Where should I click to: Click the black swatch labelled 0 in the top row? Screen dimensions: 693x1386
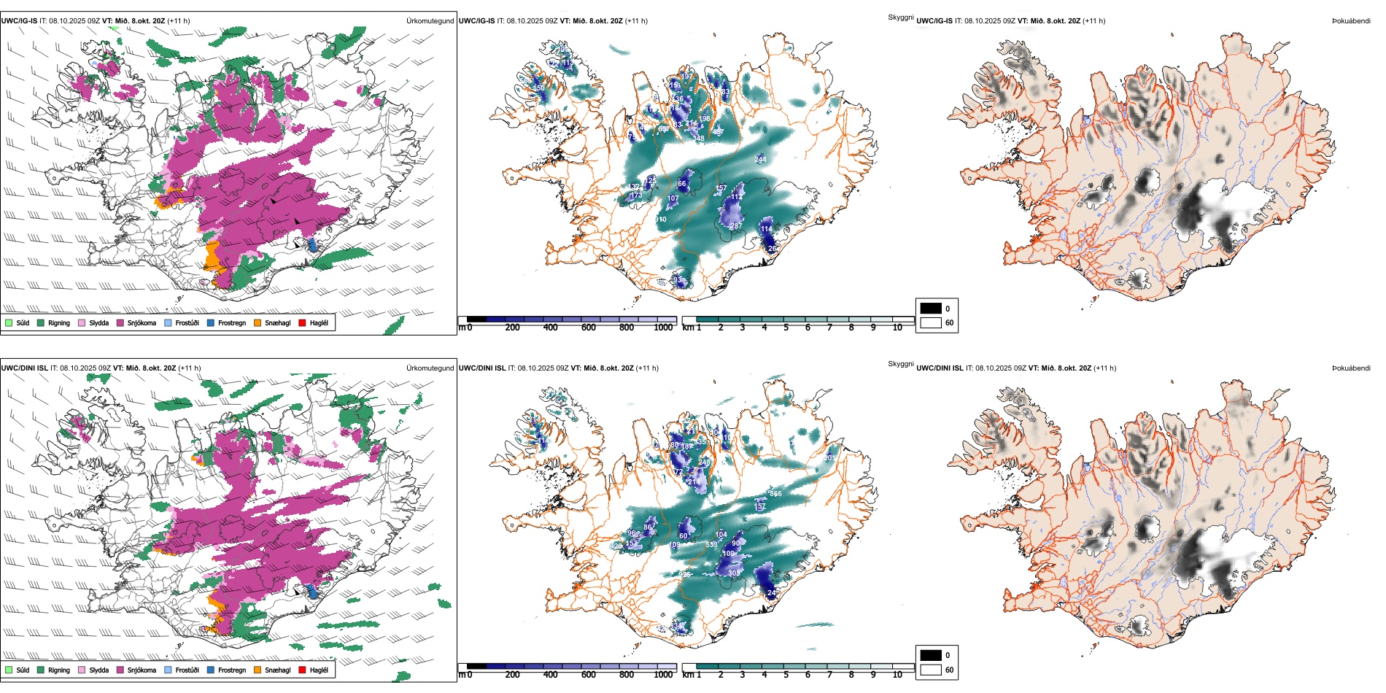(931, 309)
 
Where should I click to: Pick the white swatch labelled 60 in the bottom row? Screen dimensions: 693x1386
(931, 670)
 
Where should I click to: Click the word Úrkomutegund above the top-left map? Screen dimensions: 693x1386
(430, 21)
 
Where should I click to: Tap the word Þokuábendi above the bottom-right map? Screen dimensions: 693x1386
(1351, 368)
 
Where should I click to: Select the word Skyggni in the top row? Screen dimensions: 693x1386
(900, 18)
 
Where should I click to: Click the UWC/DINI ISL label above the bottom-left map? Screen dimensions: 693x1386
(24, 368)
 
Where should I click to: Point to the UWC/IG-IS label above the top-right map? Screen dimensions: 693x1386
(934, 21)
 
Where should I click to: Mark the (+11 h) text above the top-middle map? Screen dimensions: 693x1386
(636, 21)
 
